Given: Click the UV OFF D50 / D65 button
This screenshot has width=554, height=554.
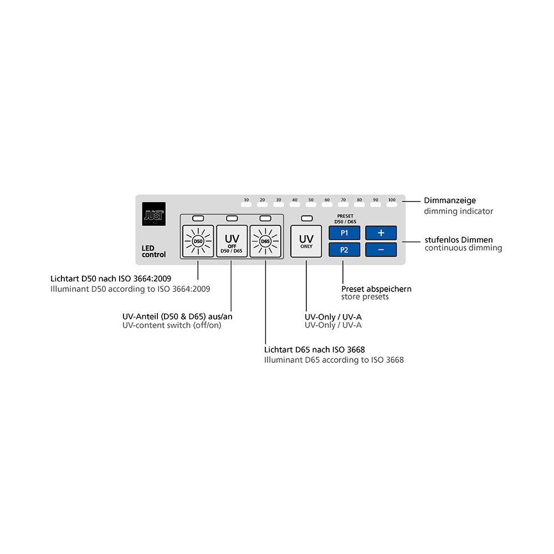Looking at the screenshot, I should point(232,242).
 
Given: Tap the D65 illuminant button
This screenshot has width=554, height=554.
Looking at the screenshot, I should point(265,242).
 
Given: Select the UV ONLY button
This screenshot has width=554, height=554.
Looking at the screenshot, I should point(306,242).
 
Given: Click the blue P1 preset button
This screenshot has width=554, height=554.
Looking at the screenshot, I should point(344,233).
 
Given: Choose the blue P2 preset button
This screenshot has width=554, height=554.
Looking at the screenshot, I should point(344,250).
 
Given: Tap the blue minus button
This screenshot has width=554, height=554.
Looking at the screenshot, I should point(381,250).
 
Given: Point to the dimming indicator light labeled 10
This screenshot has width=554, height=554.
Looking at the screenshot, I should point(247,206).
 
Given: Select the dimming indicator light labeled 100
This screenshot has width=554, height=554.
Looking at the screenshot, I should point(392,206).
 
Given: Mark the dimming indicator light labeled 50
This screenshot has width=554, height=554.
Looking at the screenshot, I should point(311,206).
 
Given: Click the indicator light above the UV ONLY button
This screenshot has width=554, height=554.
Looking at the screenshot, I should point(306,218).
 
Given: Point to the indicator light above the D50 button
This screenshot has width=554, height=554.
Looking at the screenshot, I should point(198,218).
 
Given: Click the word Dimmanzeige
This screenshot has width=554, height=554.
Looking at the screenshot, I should point(450,201).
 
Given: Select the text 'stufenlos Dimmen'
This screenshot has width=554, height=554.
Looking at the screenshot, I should point(459,240).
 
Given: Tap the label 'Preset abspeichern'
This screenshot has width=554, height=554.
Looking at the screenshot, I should point(376,289).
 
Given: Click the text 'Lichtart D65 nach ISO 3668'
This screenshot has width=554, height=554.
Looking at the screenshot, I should point(314,350).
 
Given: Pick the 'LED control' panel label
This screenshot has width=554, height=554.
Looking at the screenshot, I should point(153,251).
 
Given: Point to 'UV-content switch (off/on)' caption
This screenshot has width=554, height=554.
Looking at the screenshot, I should point(172,325).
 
